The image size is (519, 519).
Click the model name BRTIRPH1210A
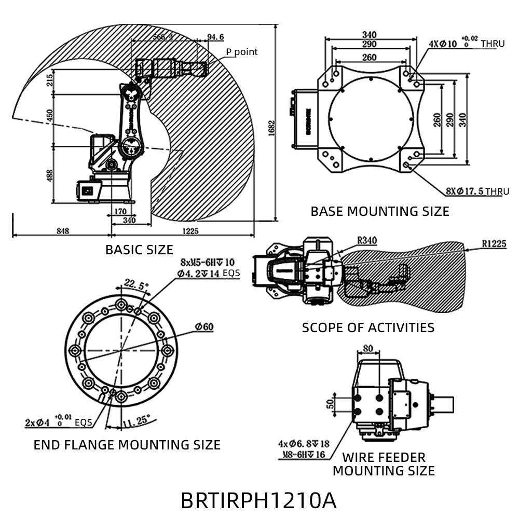pos(258,500)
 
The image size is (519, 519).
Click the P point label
pos(241,52)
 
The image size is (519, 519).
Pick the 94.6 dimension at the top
pos(215,37)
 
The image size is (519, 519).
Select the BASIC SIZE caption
pos(139,250)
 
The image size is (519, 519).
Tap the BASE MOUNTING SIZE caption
pos(380,211)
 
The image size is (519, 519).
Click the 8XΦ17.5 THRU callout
pos(477,192)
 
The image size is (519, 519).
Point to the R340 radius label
pos(367,240)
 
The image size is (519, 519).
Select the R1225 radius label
pos(494,243)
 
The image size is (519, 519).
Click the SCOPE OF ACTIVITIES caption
pos(368,327)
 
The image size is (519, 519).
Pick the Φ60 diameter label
pos(204,326)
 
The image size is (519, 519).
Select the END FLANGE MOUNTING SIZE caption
pos(127,445)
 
